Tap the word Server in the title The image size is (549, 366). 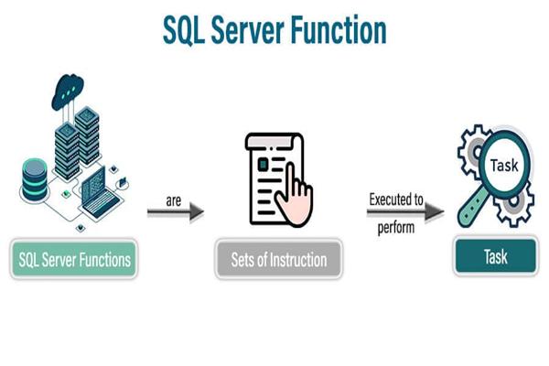[253, 29]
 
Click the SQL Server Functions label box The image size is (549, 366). [75, 260]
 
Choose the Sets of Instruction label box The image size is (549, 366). [278, 260]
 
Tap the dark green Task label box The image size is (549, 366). [495, 257]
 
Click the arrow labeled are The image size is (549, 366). [175, 213]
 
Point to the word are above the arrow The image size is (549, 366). [174, 197]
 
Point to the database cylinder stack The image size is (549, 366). [34, 179]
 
